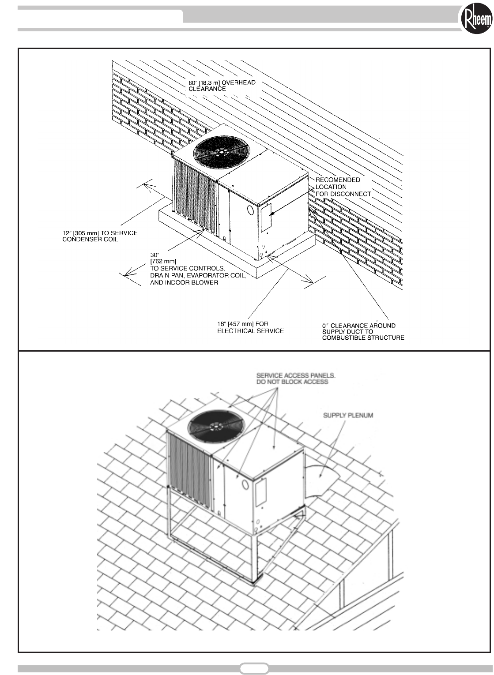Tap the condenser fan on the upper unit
tap(219, 150)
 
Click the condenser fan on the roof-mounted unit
tap(216, 426)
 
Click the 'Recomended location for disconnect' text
tap(343, 187)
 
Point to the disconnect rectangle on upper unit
tap(265, 218)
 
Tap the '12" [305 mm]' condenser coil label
tap(99, 236)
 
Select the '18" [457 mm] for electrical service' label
tap(250, 327)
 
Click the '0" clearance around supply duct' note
tap(363, 332)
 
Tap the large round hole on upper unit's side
tap(250, 210)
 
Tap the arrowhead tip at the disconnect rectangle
tap(270, 214)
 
